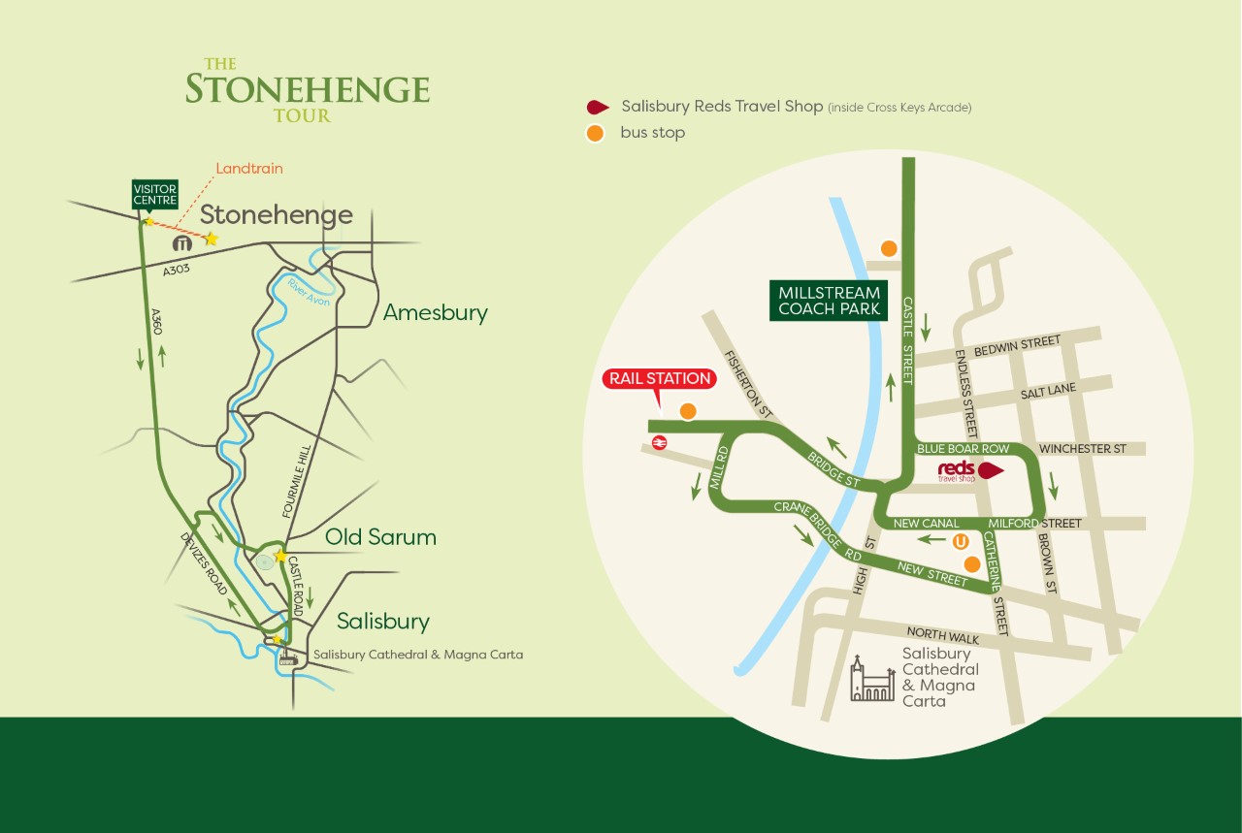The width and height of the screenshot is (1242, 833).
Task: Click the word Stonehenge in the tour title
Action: (x=307, y=89)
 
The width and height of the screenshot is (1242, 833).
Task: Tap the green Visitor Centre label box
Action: (x=155, y=194)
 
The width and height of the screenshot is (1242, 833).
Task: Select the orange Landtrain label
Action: (x=249, y=168)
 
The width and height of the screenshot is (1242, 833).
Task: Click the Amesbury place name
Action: (x=435, y=312)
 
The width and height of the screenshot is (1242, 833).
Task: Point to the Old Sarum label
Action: (x=380, y=536)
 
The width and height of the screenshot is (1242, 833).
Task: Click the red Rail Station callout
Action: (x=660, y=378)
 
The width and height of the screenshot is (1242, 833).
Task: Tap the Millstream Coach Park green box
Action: (x=829, y=301)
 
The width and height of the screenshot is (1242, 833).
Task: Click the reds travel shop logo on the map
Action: (x=956, y=470)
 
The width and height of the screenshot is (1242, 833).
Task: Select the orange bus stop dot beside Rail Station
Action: (x=688, y=411)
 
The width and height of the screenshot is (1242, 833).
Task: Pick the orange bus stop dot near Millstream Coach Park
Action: (x=888, y=248)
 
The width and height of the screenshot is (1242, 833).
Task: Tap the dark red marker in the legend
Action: (x=598, y=107)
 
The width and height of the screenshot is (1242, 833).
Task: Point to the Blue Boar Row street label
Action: (x=963, y=449)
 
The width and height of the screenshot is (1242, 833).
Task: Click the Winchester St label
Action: (x=1082, y=449)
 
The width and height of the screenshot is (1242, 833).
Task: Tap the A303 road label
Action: (x=177, y=270)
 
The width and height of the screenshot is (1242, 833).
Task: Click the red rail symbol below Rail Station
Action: (x=659, y=442)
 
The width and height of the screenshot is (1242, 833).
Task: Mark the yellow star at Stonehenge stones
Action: (x=211, y=239)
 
